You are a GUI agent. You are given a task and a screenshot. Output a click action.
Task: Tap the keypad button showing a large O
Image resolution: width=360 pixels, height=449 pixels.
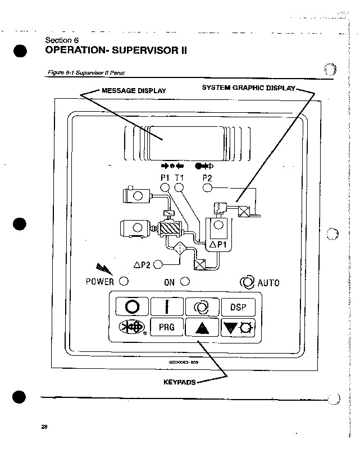pos(133,308)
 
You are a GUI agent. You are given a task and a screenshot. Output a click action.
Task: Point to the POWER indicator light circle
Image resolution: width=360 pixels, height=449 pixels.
pos(124,281)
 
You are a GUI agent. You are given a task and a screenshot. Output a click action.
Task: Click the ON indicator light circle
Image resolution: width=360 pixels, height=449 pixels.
pos(184,281)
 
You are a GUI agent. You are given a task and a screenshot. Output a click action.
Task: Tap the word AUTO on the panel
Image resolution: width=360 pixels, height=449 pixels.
pos(268,282)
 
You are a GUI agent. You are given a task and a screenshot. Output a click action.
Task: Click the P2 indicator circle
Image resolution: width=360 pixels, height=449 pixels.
pos(207,187)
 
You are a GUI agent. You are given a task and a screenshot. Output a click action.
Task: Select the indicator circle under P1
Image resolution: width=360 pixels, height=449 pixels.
pos(165,187)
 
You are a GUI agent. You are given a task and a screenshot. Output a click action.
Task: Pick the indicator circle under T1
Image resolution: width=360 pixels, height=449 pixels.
pos(180,187)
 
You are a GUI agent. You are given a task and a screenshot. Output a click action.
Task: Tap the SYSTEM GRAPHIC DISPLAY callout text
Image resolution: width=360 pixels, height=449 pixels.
pos(248,88)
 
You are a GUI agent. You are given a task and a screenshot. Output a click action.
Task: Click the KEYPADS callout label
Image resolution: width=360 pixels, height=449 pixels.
pos(179,382)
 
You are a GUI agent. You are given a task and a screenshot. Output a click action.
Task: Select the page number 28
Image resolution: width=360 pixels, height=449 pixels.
pos(44,428)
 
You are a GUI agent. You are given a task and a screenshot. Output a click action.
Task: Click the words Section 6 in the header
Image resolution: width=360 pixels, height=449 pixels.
pos(59,40)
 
